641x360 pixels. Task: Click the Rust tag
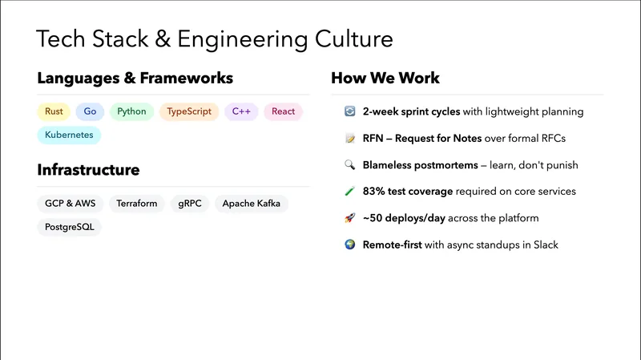54,111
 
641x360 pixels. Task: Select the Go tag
90,111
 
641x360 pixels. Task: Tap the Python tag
131,111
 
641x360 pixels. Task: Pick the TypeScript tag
189,111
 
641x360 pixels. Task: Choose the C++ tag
241,111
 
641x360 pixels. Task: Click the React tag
283,111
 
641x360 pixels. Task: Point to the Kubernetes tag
69,135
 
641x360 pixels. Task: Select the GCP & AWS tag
70,204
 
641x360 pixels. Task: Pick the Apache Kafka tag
252,204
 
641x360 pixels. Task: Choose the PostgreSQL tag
70,227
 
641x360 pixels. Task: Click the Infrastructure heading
88,170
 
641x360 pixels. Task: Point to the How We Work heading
385,78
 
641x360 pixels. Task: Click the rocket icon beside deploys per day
349,218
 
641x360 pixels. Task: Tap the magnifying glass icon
349,165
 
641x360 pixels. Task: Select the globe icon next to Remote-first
349,245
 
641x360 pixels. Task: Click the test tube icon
349,192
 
